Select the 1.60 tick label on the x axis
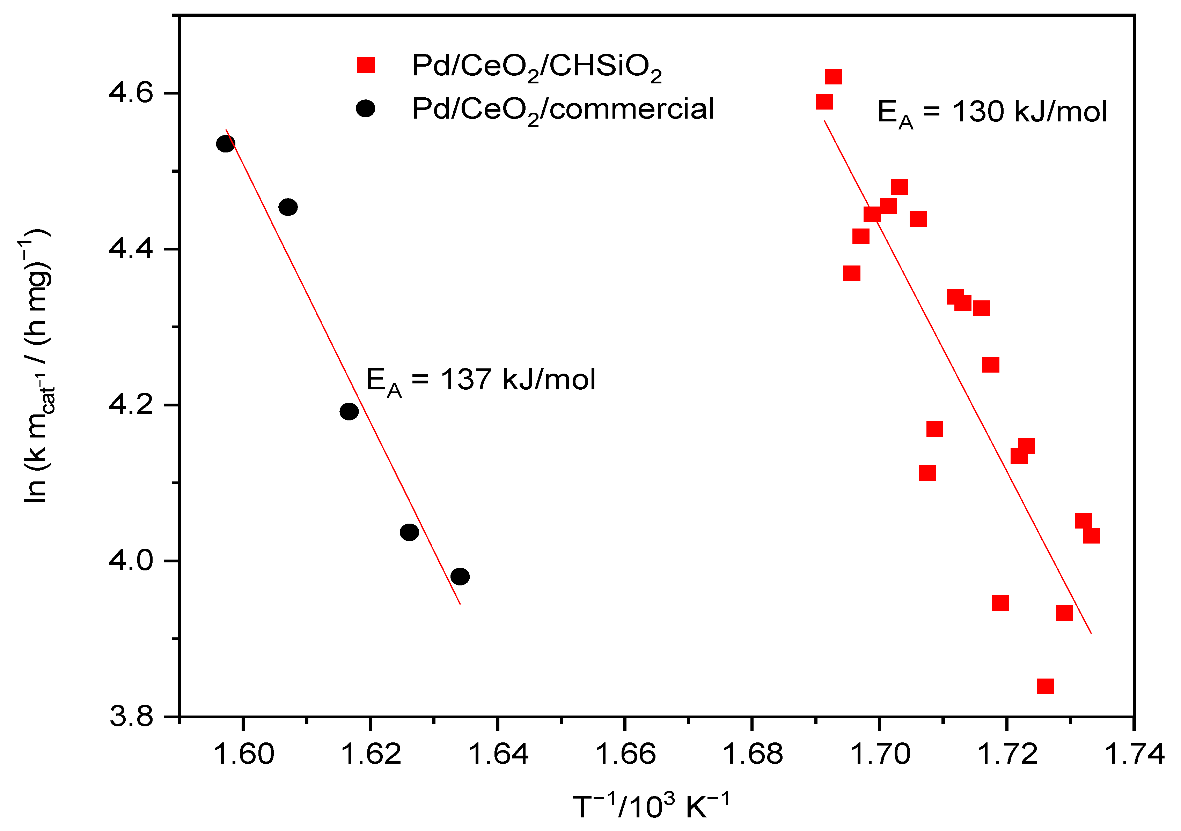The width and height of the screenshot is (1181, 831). pyautogui.click(x=243, y=754)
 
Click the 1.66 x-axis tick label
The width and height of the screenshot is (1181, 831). pyautogui.click(x=625, y=754)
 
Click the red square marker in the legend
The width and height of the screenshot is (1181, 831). pyautogui.click(x=366, y=65)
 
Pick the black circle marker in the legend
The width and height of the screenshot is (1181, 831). pyautogui.click(x=365, y=108)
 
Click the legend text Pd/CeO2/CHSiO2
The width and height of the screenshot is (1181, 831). pyautogui.click(x=536, y=67)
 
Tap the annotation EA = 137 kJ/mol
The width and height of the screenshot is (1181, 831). pyautogui.click(x=481, y=381)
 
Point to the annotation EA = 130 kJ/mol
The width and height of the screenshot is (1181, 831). pyautogui.click(x=992, y=113)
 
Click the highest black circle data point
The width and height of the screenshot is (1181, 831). pyautogui.click(x=226, y=144)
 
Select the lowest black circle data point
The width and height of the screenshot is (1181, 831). pyautogui.click(x=460, y=577)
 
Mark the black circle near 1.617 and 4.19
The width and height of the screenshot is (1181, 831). pyautogui.click(x=349, y=412)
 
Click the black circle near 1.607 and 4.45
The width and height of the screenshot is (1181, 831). pyautogui.click(x=288, y=208)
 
